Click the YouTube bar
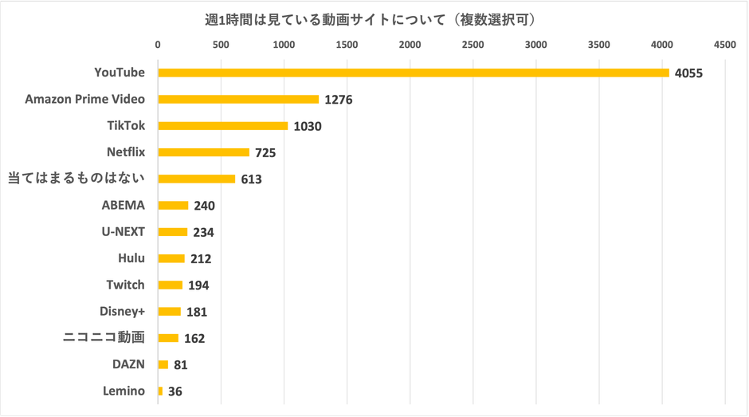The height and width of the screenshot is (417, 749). point(413,73)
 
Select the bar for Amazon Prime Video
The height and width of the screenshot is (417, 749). point(238,100)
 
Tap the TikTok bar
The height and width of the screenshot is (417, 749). point(222,126)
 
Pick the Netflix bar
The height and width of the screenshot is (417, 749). point(203,152)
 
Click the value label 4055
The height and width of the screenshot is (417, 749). point(688,73)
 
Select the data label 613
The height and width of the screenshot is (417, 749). point(251,179)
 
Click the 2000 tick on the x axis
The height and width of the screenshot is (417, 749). point(410,45)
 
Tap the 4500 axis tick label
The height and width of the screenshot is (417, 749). point(724,45)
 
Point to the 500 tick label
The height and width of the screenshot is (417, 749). point(221,45)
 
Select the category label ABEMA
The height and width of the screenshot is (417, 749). point(123,205)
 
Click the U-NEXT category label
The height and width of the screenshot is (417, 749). point(123,232)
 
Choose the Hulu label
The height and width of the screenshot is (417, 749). point(131,258)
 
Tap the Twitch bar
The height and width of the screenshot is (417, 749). point(170,285)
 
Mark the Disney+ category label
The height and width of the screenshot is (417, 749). point(123,311)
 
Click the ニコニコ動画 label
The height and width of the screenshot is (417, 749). point(104,337)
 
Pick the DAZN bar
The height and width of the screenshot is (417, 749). point(163,364)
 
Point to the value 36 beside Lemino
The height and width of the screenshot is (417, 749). point(175,391)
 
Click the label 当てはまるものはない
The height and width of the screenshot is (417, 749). point(76,179)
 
